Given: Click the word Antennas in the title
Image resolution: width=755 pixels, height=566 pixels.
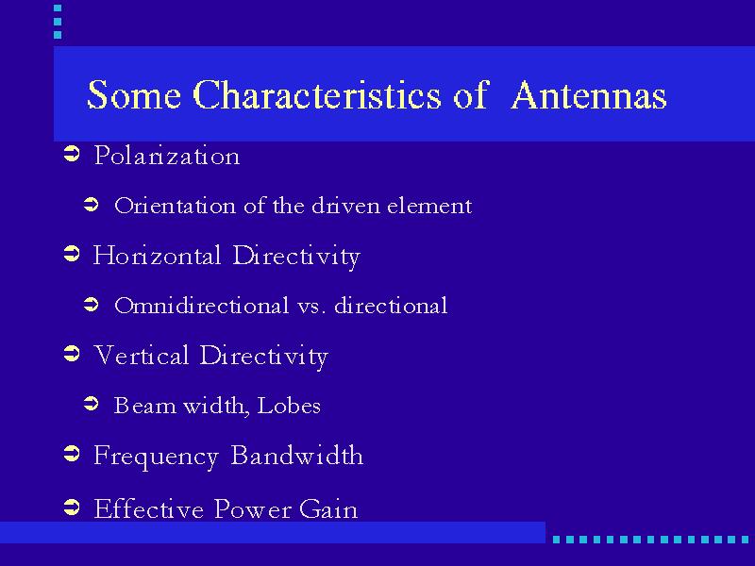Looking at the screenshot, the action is pos(589,95).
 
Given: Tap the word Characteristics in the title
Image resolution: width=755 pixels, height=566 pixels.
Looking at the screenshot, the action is pos(317,94).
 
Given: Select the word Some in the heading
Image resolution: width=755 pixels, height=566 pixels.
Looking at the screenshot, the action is pos(134,95).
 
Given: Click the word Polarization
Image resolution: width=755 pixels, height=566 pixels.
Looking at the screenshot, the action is pos(167,156).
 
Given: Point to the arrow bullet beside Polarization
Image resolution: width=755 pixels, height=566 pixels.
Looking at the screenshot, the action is pos(72,155).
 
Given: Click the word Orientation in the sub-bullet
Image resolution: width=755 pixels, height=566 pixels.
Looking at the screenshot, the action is pos(176,206).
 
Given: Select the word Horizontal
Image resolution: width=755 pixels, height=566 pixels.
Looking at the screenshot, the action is pos(157,255).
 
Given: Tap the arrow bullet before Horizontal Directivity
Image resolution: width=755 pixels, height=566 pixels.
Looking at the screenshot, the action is pos(72,254).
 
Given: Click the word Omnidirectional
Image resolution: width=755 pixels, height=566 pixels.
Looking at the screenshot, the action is pos(202,305).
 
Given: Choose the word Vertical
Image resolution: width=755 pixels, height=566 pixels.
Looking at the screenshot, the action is pos(141,355).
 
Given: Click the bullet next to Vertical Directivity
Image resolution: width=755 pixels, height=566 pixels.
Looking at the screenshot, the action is pos(72,355).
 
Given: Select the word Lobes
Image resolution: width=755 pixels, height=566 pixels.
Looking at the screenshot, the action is pos(289,406).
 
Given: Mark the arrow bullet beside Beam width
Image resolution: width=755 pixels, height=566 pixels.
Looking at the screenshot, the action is pos(91,404).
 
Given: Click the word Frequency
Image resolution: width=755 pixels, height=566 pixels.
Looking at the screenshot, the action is pos(156,457).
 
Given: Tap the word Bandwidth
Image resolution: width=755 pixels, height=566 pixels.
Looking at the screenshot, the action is pos(297,455).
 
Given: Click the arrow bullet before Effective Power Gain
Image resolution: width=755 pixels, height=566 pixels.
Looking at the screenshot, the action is pos(72,507).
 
